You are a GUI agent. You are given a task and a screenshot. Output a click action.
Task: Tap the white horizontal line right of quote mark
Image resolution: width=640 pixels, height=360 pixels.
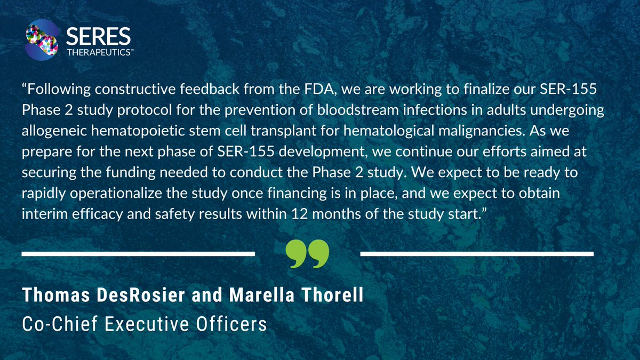point(477,253)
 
